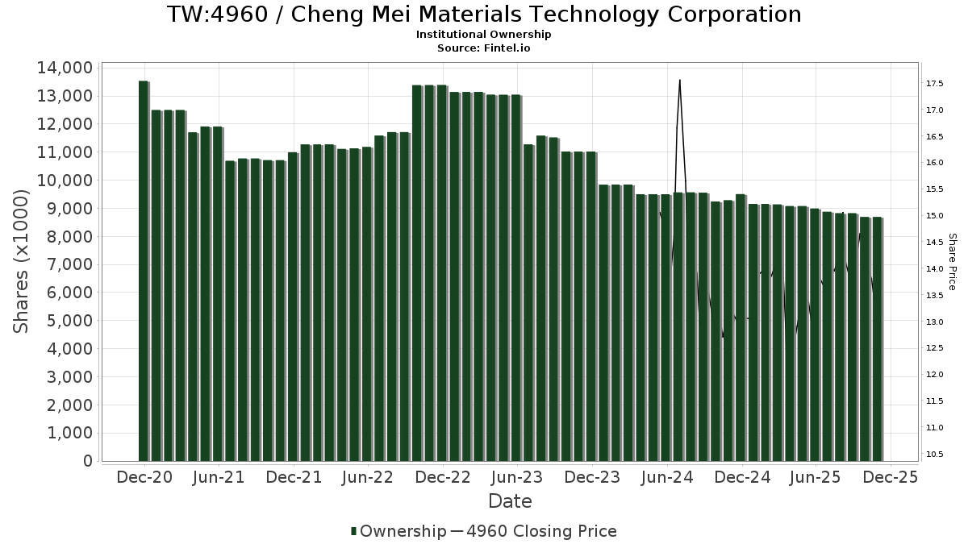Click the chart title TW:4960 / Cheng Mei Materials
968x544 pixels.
pos(484,15)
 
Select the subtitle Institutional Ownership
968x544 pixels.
pos(484,35)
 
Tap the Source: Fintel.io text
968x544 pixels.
pos(484,48)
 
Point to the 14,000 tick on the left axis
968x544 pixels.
pos(64,68)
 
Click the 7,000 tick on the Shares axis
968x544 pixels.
pos(69,264)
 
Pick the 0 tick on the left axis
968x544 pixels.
pos(86,461)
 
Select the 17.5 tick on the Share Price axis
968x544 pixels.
pos(936,84)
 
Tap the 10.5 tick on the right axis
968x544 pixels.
pos(936,455)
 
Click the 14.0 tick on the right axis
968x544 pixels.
pos(936,269)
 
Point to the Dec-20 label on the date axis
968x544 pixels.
pos(144,477)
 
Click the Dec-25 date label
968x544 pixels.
pos(890,477)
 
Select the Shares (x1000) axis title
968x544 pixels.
pos(22,260)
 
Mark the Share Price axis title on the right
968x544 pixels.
pos(953,261)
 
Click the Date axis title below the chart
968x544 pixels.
pos(510,501)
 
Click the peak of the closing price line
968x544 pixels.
pos(680,81)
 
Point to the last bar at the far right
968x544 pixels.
pos(877,338)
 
